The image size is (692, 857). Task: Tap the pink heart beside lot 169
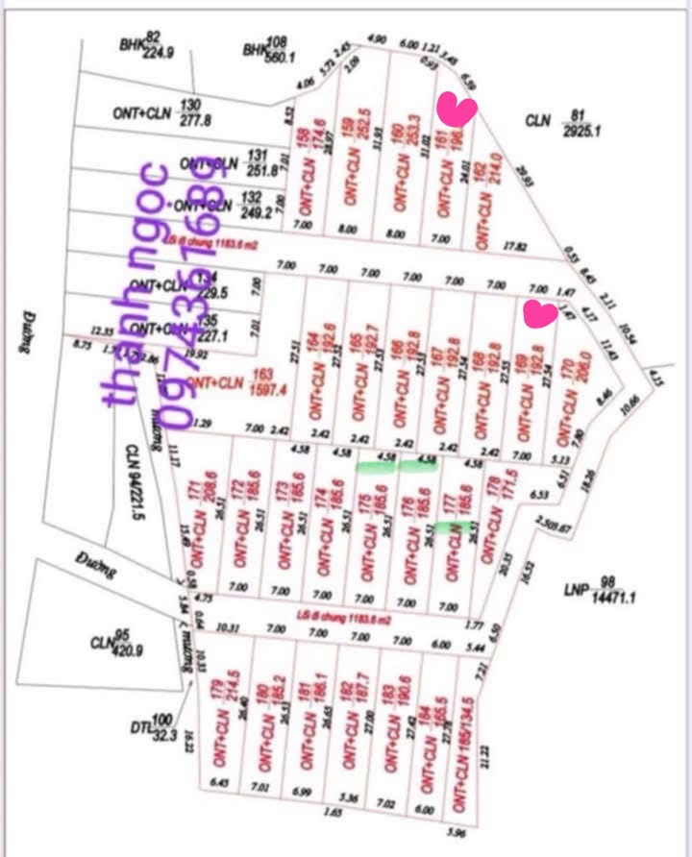coord(541,313)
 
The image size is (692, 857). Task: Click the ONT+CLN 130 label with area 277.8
coord(161,112)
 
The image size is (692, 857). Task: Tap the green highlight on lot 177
coord(452,526)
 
